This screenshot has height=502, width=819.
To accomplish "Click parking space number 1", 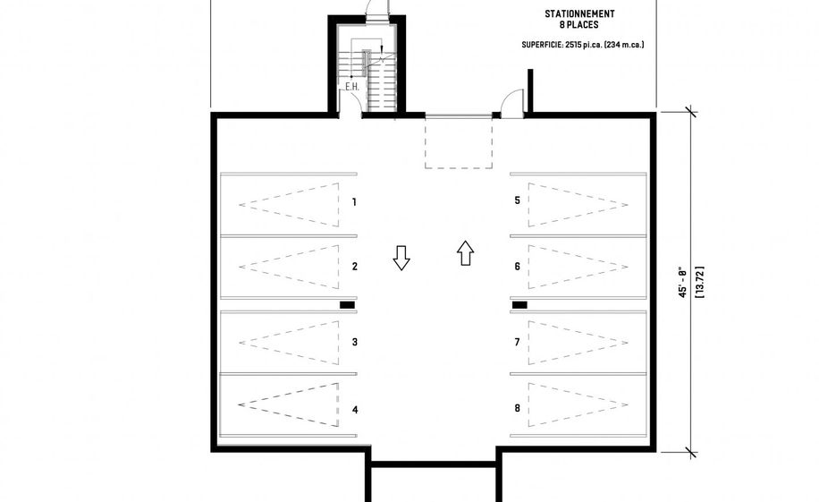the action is coord(355,202).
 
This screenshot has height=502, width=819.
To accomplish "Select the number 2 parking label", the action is coord(355,267).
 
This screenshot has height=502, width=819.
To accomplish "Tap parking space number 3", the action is coord(355,342).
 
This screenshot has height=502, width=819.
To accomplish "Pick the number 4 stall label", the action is coord(355,410).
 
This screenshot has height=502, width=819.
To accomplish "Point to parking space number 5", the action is coord(517,200).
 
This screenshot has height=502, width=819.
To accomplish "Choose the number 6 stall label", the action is coord(517,267).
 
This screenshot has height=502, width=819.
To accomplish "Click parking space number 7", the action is coord(517,342).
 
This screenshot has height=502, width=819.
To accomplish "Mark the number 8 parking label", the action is coord(517,408).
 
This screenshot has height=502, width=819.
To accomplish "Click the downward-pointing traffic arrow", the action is coord(401,258).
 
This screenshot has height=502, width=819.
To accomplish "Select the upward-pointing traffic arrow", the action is coord(464,252).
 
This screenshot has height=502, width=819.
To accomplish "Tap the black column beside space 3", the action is coord(347,305).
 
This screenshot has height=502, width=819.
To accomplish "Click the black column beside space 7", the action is coord(519,305).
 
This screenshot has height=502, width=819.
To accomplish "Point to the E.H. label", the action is coord(352,87).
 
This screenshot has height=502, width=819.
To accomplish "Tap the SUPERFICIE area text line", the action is coord(583,45).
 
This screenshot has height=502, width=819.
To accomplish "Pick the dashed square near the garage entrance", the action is coord(458,143).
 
